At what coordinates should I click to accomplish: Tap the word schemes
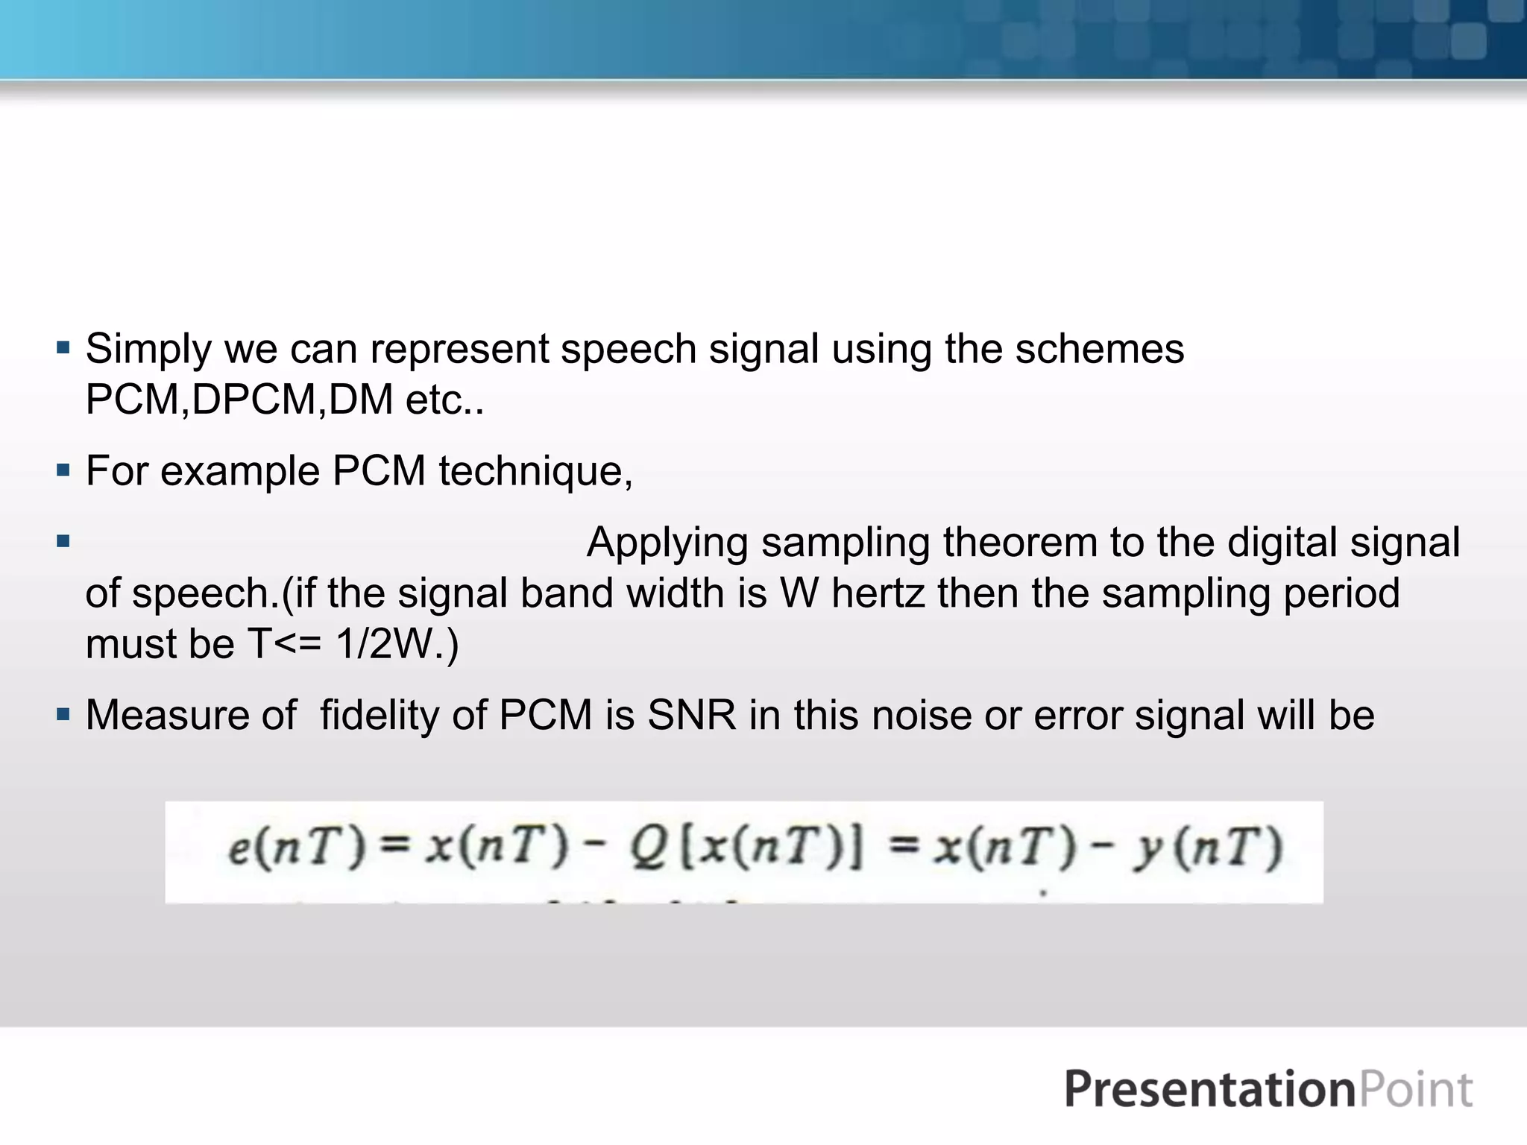[1099, 349]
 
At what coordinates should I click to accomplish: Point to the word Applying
[667, 543]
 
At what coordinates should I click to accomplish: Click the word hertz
[878, 593]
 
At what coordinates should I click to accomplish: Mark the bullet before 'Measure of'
[63, 714]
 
